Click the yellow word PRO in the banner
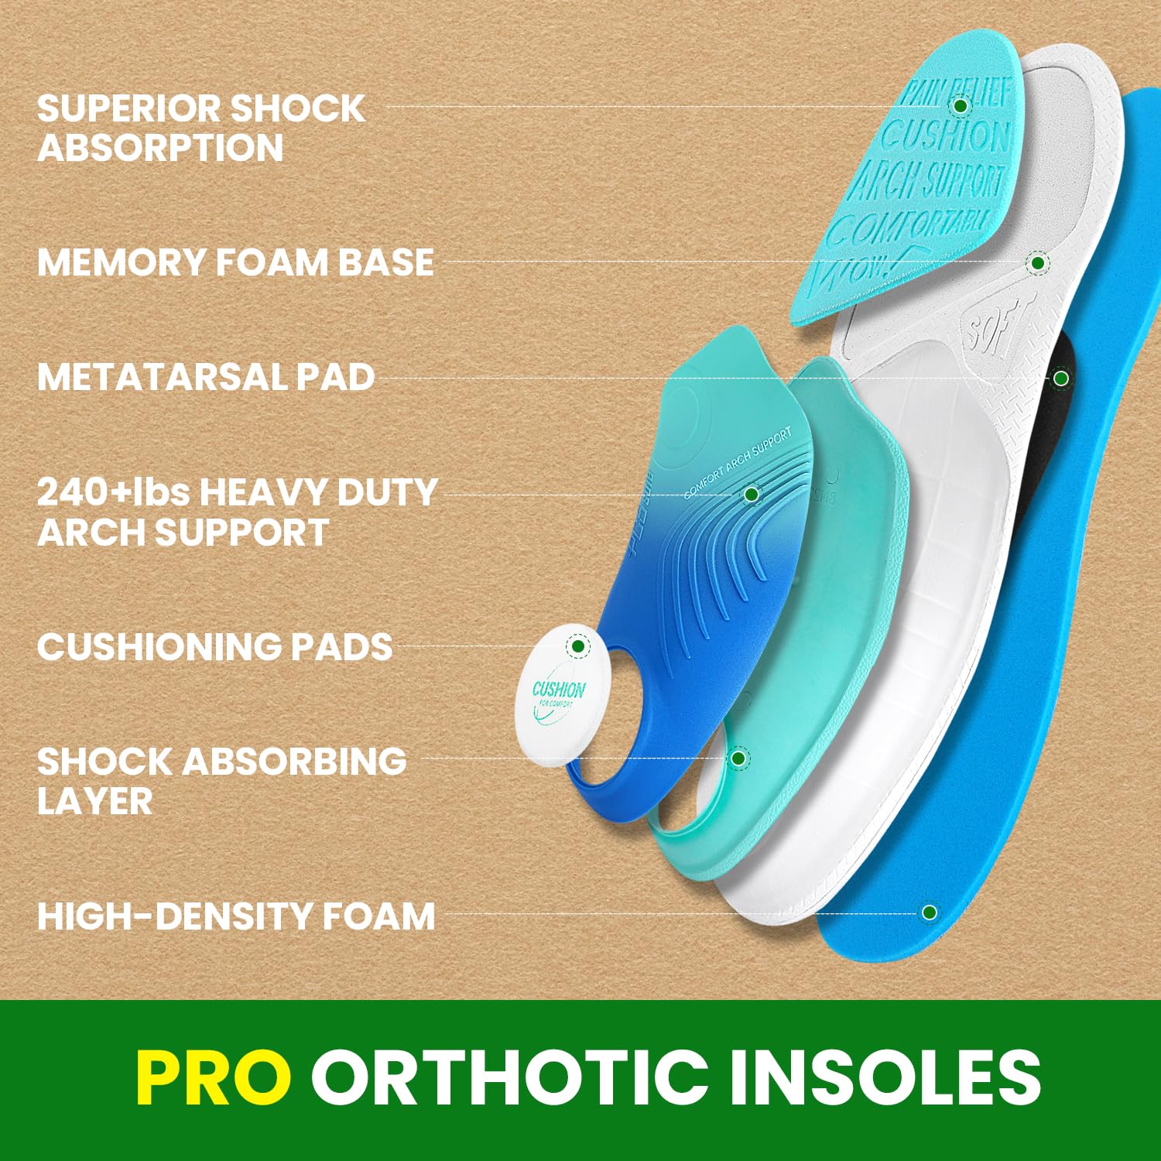click(214, 1077)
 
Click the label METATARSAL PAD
click(206, 378)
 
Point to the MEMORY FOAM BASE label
click(235, 262)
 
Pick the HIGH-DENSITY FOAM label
click(236, 916)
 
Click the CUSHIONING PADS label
click(214, 647)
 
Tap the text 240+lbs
click(113, 492)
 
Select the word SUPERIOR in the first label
click(127, 108)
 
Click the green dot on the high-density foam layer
click(930, 913)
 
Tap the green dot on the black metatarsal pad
click(1061, 378)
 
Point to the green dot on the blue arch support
click(752, 494)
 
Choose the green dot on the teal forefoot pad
click(961, 105)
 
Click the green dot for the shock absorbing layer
click(738, 758)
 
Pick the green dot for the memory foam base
click(1037, 263)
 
